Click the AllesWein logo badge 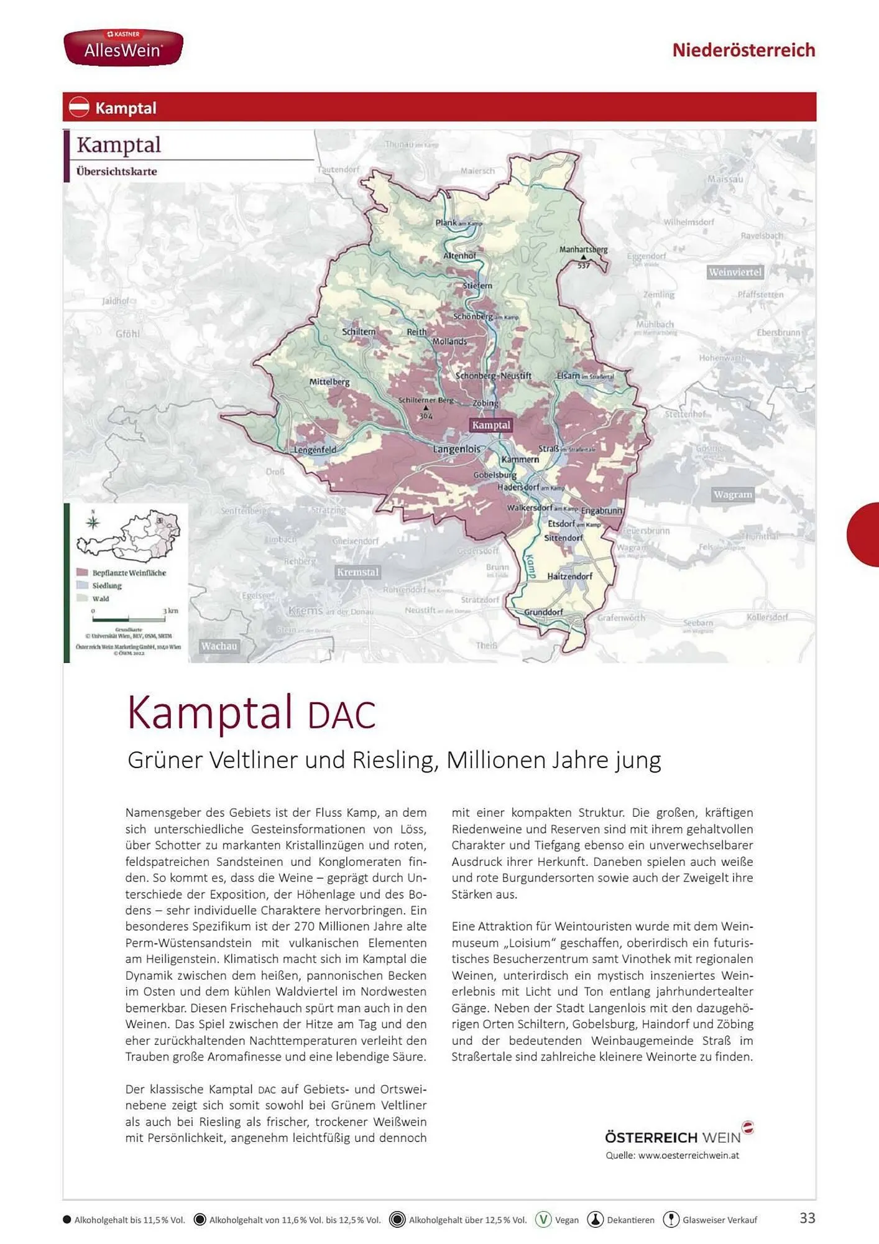pos(123,47)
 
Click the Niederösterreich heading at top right pos(743,50)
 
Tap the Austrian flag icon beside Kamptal pos(79,107)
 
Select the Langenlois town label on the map pos(456,449)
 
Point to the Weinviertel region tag pos(735,272)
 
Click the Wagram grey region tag pos(733,494)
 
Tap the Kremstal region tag pos(357,572)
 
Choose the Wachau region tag pos(219,646)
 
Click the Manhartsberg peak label pos(583,249)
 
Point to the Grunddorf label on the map pos(543,612)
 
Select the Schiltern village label pos(359,332)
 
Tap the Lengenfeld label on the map pos(315,450)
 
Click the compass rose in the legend pos(93,521)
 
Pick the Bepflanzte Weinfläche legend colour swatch pos(82,572)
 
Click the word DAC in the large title pos(341,715)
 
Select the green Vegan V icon pos(543,1219)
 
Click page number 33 pos(807,1218)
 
